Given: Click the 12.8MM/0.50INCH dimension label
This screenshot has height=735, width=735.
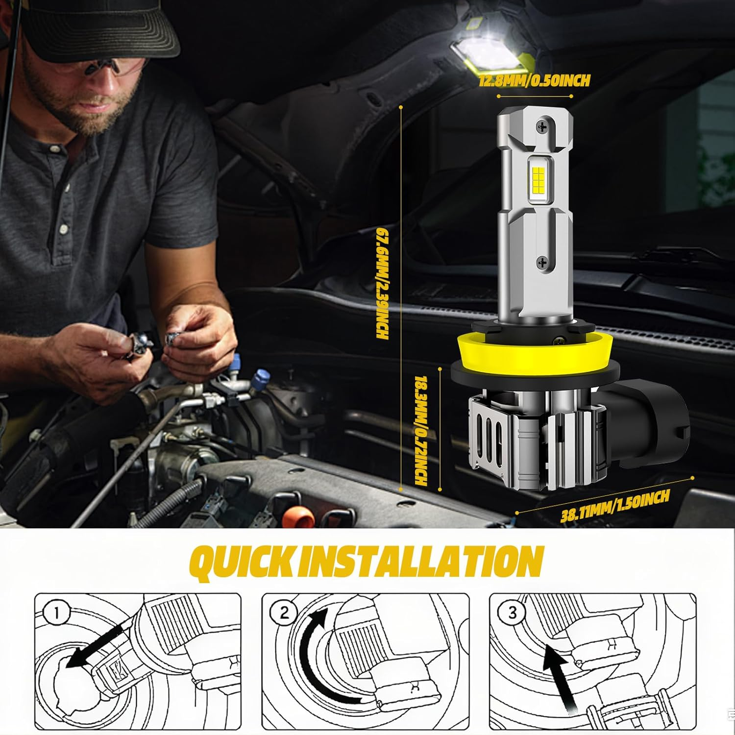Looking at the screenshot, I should (535, 80).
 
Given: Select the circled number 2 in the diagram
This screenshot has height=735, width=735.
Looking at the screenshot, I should (285, 612).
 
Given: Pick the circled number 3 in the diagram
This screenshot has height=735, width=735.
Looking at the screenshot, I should (513, 612).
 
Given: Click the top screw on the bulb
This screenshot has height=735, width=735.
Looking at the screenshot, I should (542, 127).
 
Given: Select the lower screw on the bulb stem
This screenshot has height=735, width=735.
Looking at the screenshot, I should (542, 262).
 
